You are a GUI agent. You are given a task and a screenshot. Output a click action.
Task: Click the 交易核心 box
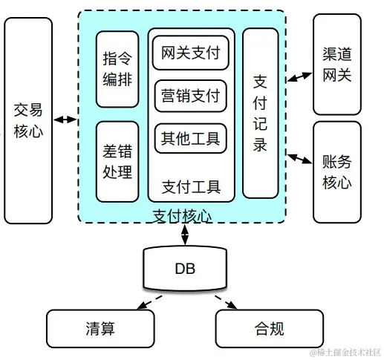[28, 120]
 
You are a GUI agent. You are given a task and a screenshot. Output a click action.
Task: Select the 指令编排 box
[117, 69]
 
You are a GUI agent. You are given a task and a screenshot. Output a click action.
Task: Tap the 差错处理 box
[117, 161]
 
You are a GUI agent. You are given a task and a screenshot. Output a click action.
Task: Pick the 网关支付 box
[191, 53]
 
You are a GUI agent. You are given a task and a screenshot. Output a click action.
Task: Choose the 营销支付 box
[191, 95]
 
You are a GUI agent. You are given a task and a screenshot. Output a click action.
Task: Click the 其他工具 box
[191, 137]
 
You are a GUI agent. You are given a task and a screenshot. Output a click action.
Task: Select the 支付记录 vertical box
[260, 114]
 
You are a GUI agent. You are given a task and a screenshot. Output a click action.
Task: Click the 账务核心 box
[336, 171]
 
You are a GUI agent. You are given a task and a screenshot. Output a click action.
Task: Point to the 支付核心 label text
[182, 215]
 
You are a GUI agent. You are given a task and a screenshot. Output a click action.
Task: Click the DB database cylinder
[185, 269]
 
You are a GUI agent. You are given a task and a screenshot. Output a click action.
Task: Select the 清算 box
[99, 328]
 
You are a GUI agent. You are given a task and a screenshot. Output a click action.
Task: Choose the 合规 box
[269, 328]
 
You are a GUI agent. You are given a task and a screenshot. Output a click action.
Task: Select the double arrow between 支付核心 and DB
[184, 234]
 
